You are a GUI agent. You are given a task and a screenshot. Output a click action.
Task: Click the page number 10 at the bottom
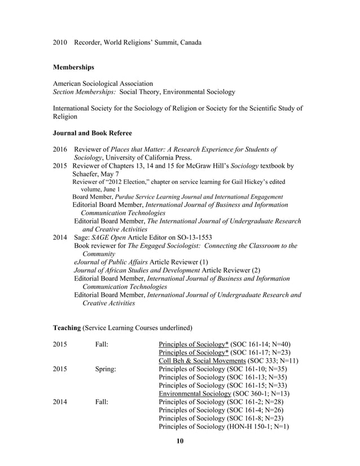pyautogui.click(x=180, y=441)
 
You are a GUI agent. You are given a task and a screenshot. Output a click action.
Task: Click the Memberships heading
pyautogui.click(x=73, y=67)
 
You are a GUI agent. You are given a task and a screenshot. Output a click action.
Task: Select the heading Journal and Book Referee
pyautogui.click(x=92, y=133)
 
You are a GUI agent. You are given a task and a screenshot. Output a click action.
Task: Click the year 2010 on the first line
pyautogui.click(x=60, y=42)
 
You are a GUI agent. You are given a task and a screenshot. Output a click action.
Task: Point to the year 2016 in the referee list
pyautogui.click(x=60, y=150)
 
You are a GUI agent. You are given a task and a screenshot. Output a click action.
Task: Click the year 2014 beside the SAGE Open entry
pyautogui.click(x=60, y=238)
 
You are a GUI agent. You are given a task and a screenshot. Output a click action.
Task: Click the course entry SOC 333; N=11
pyautogui.click(x=229, y=361)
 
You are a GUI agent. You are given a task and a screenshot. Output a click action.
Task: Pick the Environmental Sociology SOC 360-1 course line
pyautogui.click(x=223, y=393)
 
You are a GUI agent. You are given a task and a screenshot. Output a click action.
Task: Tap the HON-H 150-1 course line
pyautogui.click(x=224, y=426)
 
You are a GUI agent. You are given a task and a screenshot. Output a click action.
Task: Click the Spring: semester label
pyautogui.click(x=105, y=369)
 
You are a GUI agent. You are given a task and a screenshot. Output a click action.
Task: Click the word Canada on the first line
pyautogui.click(x=191, y=42)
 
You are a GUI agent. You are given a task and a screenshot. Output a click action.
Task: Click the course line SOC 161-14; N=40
pyautogui.click(x=225, y=344)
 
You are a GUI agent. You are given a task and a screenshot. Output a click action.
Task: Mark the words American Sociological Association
pyautogui.click(x=103, y=83)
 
